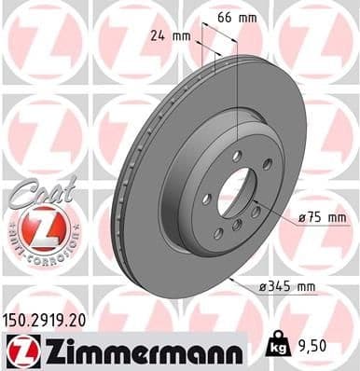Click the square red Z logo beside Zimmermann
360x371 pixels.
coord(20,350)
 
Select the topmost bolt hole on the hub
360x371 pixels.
coord(237,154)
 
